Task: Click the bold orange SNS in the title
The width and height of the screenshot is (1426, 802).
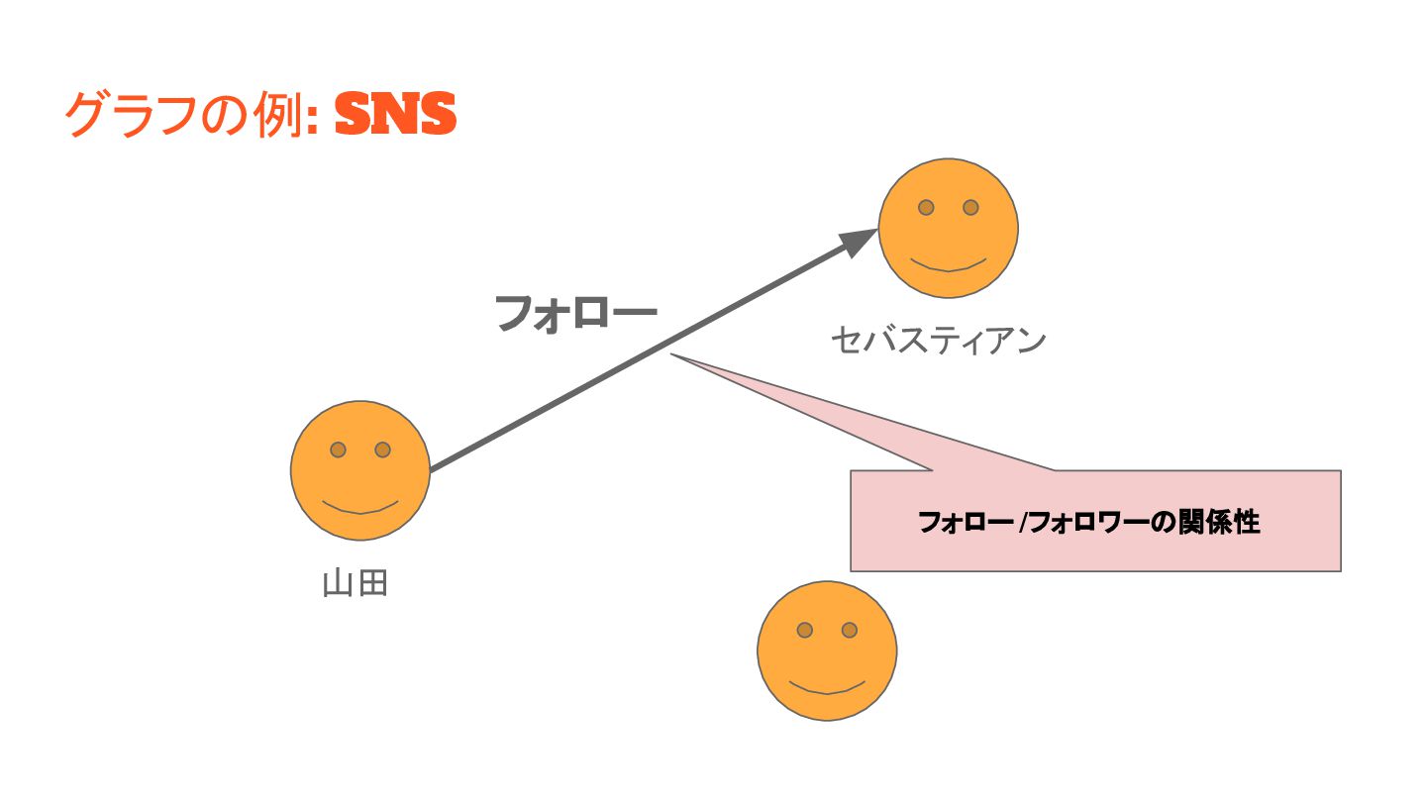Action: click(395, 116)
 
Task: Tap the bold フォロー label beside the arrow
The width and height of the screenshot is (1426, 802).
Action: click(575, 314)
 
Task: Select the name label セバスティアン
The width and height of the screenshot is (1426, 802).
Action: click(938, 341)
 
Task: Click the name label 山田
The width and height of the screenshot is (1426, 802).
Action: click(355, 583)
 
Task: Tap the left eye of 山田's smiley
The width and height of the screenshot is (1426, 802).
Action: click(338, 450)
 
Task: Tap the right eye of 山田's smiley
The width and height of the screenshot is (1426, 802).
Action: click(382, 450)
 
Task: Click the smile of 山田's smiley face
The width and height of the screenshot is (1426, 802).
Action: click(360, 508)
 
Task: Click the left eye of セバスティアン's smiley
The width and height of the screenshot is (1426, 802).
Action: click(926, 207)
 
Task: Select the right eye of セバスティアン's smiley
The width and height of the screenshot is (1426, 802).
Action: click(970, 207)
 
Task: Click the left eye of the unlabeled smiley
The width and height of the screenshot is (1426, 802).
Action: click(804, 630)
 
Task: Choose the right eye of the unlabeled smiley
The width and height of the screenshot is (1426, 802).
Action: click(849, 630)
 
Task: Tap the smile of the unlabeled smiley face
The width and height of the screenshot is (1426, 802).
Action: click(827, 688)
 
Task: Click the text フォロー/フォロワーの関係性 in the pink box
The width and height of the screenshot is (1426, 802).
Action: click(1089, 522)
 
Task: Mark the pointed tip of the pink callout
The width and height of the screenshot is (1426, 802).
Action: click(673, 354)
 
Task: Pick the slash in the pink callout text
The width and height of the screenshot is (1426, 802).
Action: click(1023, 523)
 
